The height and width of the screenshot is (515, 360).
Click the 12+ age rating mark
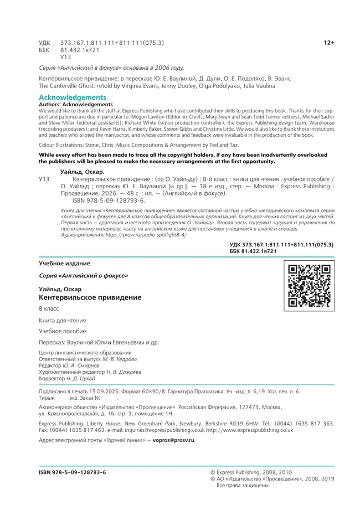(329, 43)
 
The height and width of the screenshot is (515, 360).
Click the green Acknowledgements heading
(69, 97)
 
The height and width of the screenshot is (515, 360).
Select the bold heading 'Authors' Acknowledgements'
(75, 104)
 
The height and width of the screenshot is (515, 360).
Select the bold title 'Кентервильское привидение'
(90, 297)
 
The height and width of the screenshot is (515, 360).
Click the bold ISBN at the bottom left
(72, 472)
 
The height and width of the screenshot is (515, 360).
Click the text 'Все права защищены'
(243, 486)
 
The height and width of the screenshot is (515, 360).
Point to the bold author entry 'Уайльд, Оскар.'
(83, 172)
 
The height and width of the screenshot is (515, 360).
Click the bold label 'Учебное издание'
(64, 263)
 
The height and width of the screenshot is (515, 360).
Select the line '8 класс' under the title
(49, 308)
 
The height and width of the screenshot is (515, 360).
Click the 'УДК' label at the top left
(44, 43)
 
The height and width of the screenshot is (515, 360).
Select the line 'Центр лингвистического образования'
(85, 353)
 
